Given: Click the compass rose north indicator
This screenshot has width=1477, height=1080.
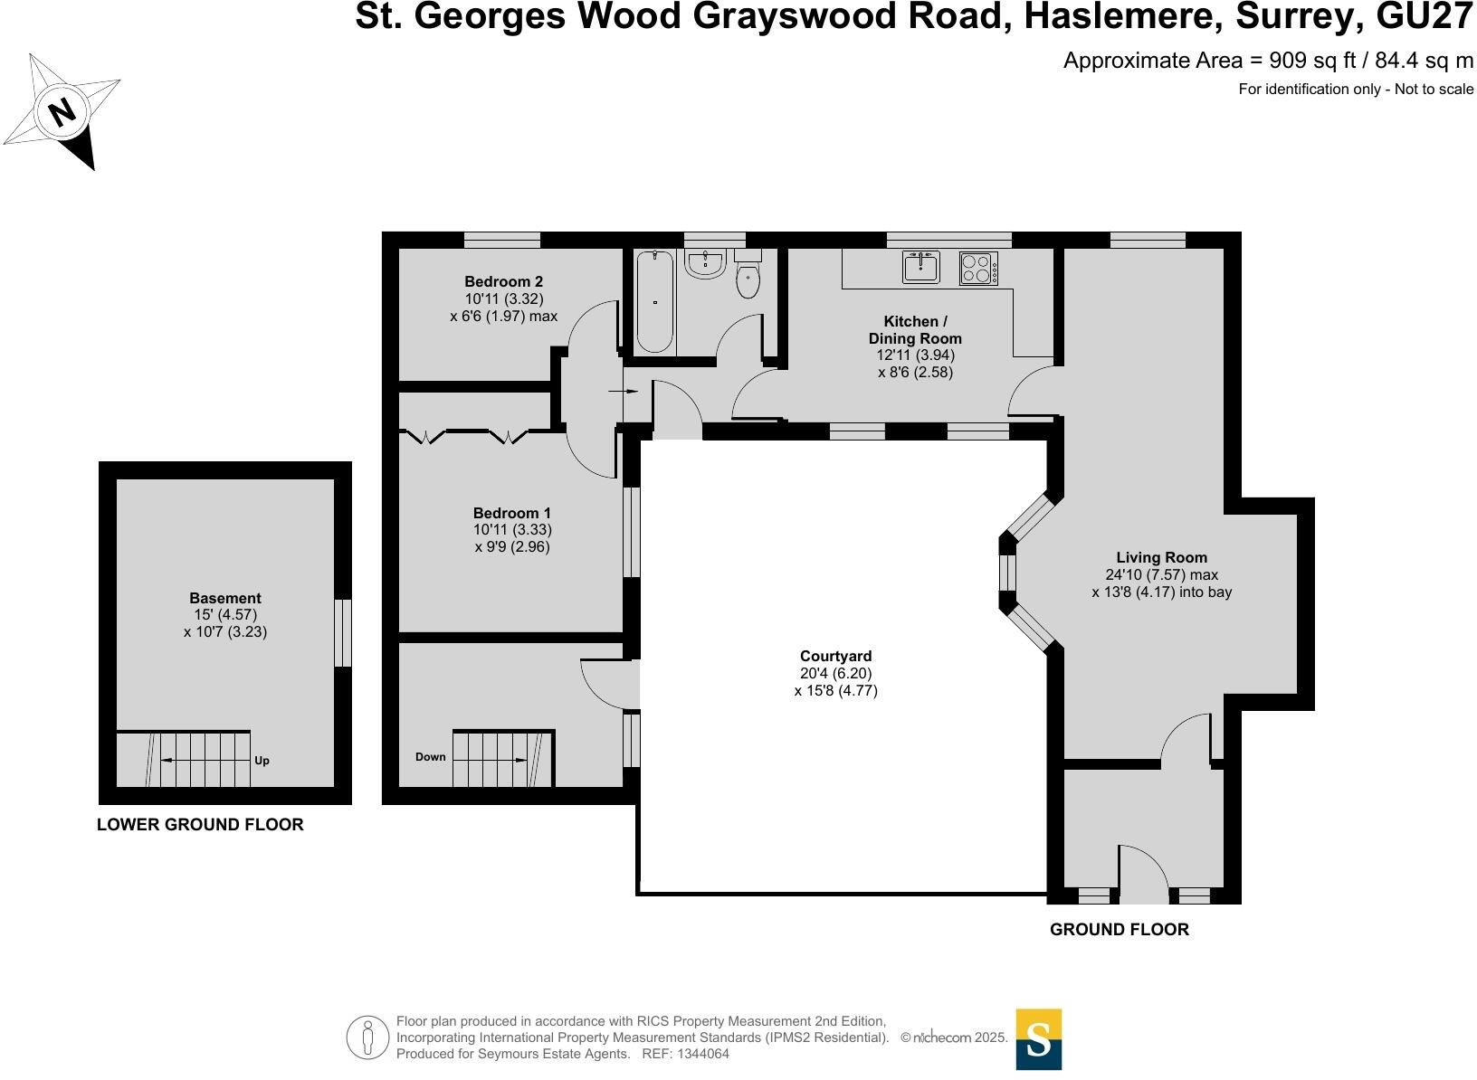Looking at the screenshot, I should pyautogui.click(x=62, y=113).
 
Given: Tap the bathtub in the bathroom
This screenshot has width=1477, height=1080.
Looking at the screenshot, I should pyautogui.click(x=654, y=301).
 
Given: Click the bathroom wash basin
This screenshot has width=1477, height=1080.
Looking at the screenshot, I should pyautogui.click(x=705, y=263).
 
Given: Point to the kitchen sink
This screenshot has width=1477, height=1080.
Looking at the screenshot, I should pyautogui.click(x=921, y=268).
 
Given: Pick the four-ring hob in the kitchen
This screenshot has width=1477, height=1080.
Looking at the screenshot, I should pyautogui.click(x=978, y=269).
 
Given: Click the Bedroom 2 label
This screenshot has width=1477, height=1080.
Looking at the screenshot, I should pyautogui.click(x=503, y=281).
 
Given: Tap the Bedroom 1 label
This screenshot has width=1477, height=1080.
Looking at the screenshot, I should pyautogui.click(x=512, y=513).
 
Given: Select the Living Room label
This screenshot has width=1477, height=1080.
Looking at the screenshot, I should pyautogui.click(x=1161, y=557).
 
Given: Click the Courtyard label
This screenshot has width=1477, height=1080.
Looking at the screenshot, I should pyautogui.click(x=835, y=656).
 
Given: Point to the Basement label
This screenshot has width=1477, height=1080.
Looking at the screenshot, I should pyautogui.click(x=224, y=598).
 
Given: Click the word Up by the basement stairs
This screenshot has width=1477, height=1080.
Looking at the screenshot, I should pyautogui.click(x=262, y=761).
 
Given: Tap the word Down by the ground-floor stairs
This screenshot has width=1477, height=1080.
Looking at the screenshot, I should pyautogui.click(x=431, y=757).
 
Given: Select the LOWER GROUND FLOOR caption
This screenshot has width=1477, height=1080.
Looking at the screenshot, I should pyautogui.click(x=200, y=824).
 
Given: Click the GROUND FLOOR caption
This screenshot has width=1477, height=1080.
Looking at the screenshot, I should pyautogui.click(x=1119, y=929).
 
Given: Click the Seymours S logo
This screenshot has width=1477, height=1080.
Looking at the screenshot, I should pyautogui.click(x=1038, y=1038).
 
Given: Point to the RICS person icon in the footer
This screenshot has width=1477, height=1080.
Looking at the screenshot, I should pyautogui.click(x=367, y=1037).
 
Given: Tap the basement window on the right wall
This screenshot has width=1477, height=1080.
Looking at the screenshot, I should pyautogui.click(x=342, y=633).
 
